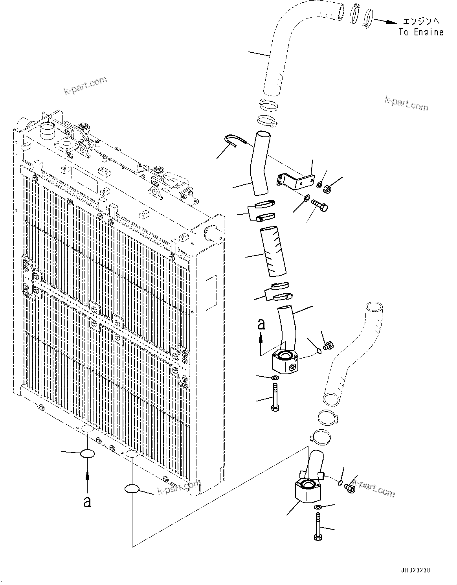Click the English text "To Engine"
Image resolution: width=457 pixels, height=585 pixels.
pyautogui.click(x=421, y=32)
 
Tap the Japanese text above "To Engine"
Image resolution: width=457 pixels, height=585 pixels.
pyautogui.click(x=421, y=21)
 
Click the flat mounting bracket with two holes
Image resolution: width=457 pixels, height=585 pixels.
pyautogui.click(x=295, y=180)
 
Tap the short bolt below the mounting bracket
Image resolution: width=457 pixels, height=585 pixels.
pyautogui.click(x=320, y=205)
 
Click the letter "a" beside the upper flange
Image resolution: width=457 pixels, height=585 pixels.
pyautogui.click(x=261, y=324)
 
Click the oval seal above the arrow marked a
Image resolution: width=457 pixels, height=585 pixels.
pyautogui.click(x=87, y=454)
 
